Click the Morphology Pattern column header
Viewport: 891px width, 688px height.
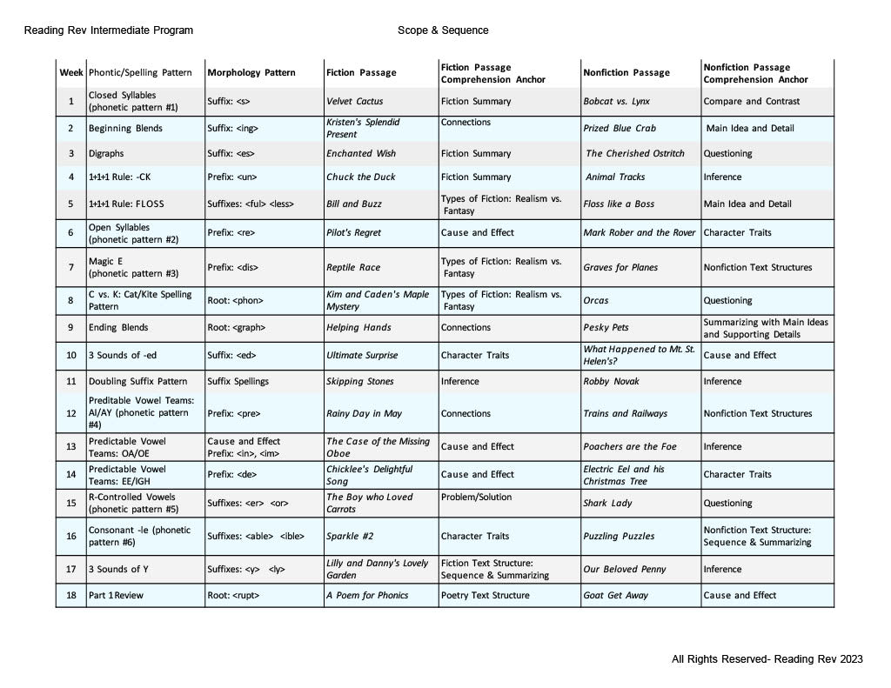pyautogui.click(x=251, y=73)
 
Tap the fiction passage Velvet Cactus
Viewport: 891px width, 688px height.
pyautogui.click(x=354, y=102)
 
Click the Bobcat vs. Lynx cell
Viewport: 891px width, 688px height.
pyautogui.click(x=616, y=102)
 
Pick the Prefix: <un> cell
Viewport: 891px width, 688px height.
pyautogui.click(x=232, y=177)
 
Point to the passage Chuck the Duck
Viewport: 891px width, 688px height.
pyautogui.click(x=360, y=177)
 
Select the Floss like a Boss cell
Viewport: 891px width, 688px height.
pyautogui.click(x=619, y=204)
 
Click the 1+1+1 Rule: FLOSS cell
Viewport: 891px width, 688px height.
pyautogui.click(x=126, y=204)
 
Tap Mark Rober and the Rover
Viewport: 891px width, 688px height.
pyautogui.click(x=640, y=233)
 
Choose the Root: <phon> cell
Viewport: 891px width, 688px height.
pyautogui.click(x=235, y=301)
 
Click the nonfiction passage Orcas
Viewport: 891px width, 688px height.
pyautogui.click(x=596, y=301)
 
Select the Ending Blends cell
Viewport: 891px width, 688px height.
pyautogui.click(x=118, y=328)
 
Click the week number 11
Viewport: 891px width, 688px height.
pyautogui.click(x=70, y=382)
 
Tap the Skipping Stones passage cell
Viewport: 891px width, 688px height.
pyautogui.click(x=359, y=382)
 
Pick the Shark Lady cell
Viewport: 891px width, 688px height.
pyautogui.click(x=607, y=504)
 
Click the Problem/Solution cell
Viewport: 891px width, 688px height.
pyautogui.click(x=477, y=498)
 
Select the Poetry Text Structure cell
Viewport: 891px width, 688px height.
pyautogui.click(x=485, y=596)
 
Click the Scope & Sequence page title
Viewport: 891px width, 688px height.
pyautogui.click(x=443, y=30)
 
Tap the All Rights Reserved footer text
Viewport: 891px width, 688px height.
pyautogui.click(x=767, y=659)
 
